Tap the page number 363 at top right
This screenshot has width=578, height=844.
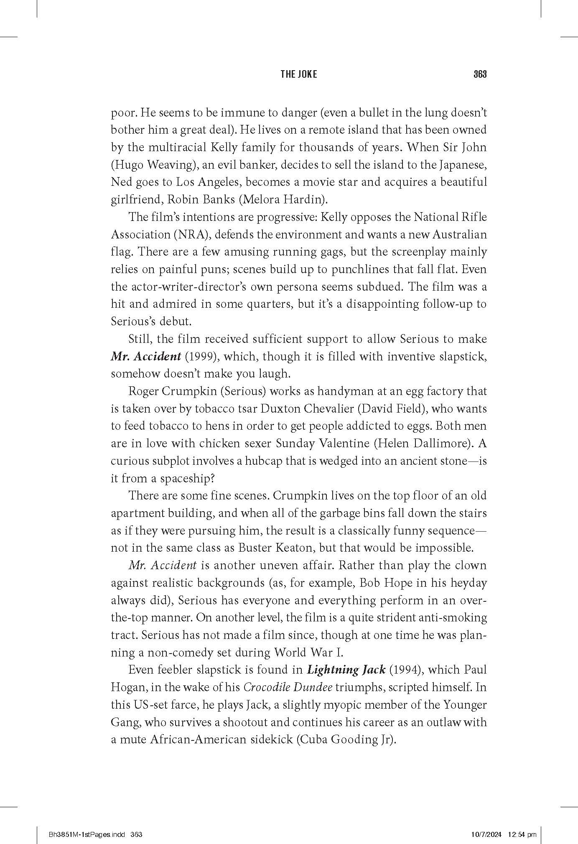coord(480,74)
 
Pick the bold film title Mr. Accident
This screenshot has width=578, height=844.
coord(146,357)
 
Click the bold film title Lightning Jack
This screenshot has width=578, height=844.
coord(346,670)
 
